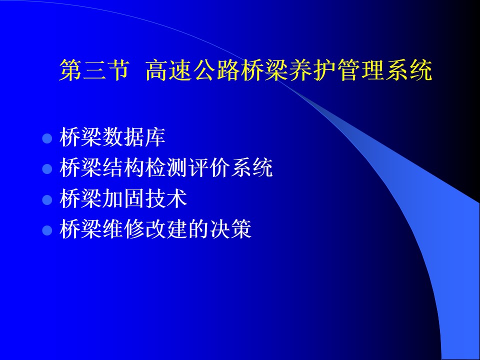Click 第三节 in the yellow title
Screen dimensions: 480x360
(94, 70)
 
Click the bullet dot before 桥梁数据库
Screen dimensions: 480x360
(47, 138)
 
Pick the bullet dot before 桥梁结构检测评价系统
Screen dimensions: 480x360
(47, 169)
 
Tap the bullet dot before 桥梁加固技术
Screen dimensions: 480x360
(47, 199)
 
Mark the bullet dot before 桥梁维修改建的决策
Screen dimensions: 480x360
(47, 230)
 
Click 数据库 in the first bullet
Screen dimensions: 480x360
(134, 137)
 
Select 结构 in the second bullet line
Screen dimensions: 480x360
(123, 167)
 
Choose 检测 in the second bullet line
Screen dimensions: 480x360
(166, 167)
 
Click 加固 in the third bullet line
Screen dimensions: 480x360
(123, 198)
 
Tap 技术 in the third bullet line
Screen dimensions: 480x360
(166, 198)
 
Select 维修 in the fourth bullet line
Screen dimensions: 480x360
(123, 228)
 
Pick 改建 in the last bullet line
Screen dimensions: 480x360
(166, 228)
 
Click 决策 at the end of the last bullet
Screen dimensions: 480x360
(230, 228)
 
